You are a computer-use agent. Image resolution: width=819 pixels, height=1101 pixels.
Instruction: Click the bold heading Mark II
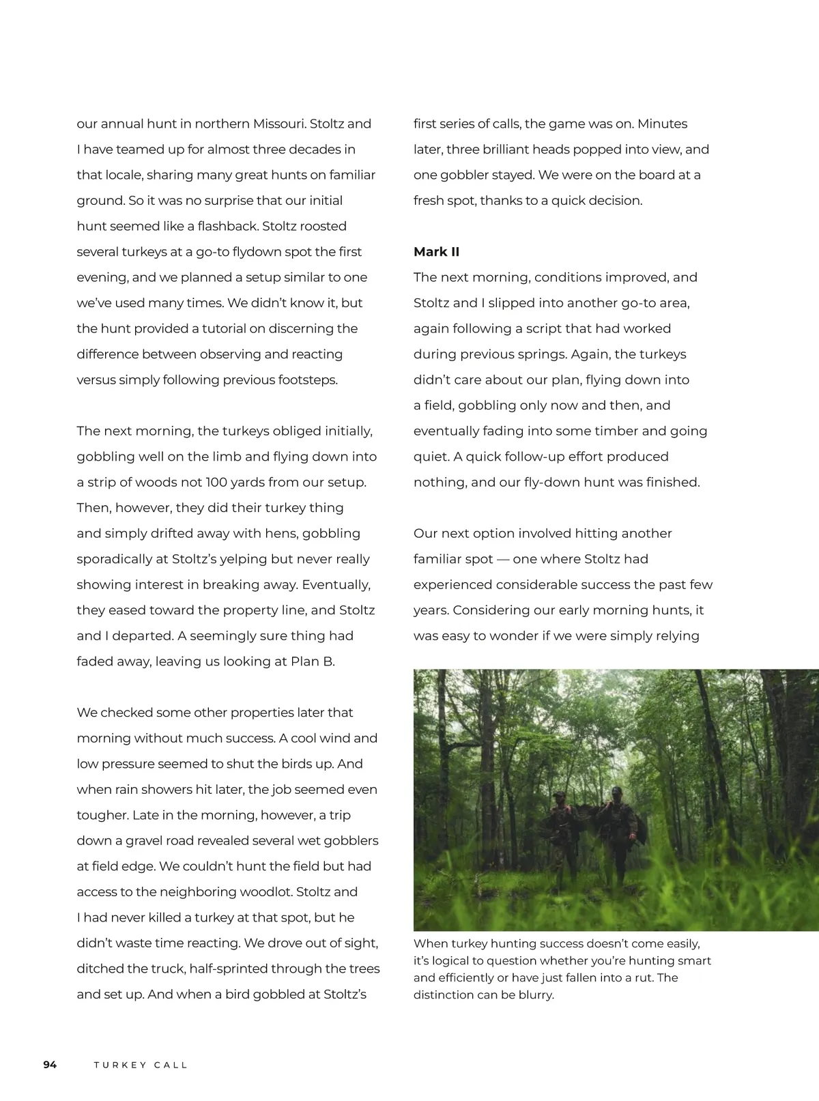click(436, 252)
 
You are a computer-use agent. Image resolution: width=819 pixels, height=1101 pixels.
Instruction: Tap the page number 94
click(50, 1064)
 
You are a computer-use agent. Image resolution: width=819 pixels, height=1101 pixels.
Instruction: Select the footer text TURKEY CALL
click(141, 1065)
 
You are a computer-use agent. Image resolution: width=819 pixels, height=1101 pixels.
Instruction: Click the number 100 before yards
click(217, 483)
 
